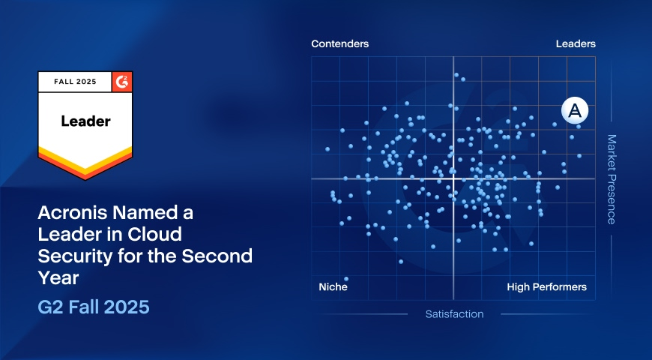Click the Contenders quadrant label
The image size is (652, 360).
339,43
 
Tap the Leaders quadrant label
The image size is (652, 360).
576,43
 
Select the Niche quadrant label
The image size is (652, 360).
333,286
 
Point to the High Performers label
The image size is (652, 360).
547,286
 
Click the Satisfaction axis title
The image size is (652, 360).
454,314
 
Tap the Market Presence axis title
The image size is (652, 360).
612,179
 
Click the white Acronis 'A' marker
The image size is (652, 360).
575,111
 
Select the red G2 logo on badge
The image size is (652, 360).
122,82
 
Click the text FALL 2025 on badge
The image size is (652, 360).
75,82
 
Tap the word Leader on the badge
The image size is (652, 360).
85,121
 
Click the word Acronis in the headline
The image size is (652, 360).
73,213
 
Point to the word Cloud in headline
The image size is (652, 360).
154,234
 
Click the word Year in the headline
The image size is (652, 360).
58,277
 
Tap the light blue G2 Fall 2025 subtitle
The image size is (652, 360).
94,307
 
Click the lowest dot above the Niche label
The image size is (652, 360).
346,279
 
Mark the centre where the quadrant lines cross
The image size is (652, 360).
453,178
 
